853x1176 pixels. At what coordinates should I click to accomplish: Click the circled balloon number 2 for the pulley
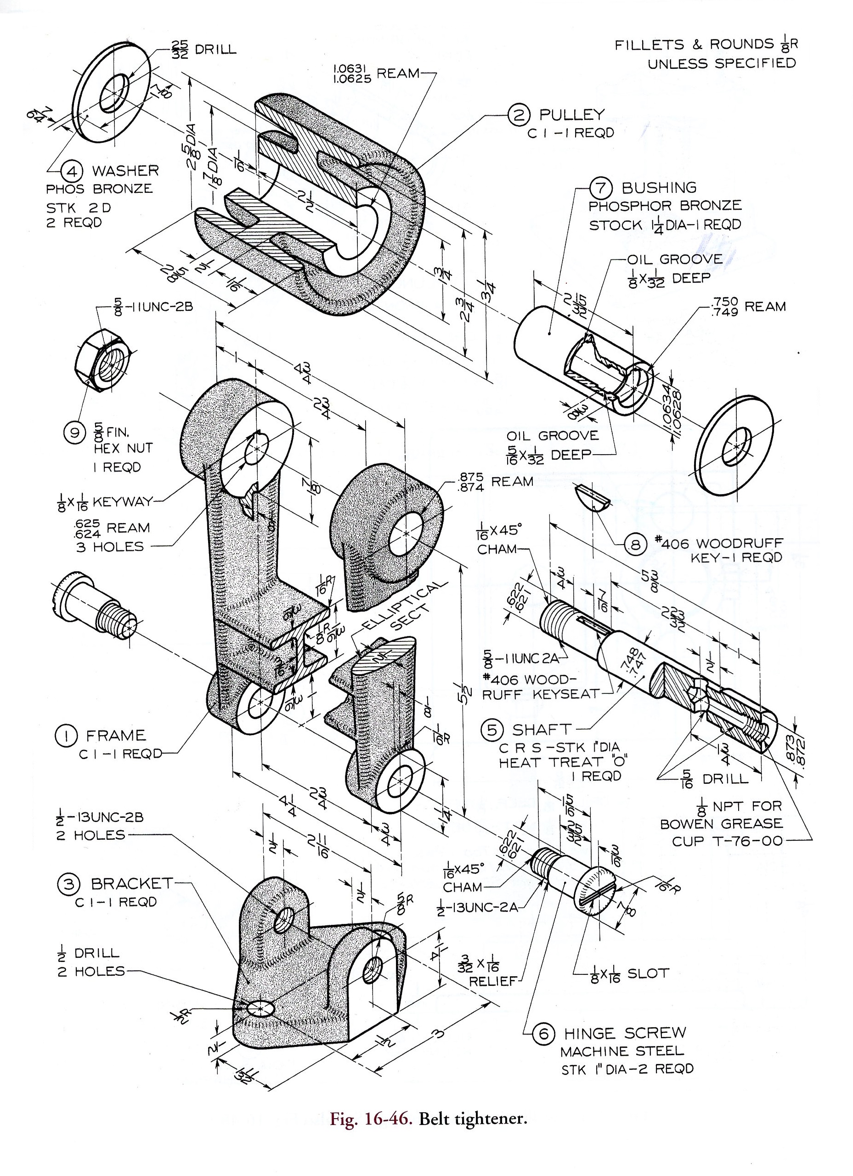519,115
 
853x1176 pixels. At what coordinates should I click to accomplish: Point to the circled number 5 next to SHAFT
492,730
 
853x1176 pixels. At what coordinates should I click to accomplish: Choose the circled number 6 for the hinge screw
543,1034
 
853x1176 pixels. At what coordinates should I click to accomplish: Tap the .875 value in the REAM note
471,477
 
